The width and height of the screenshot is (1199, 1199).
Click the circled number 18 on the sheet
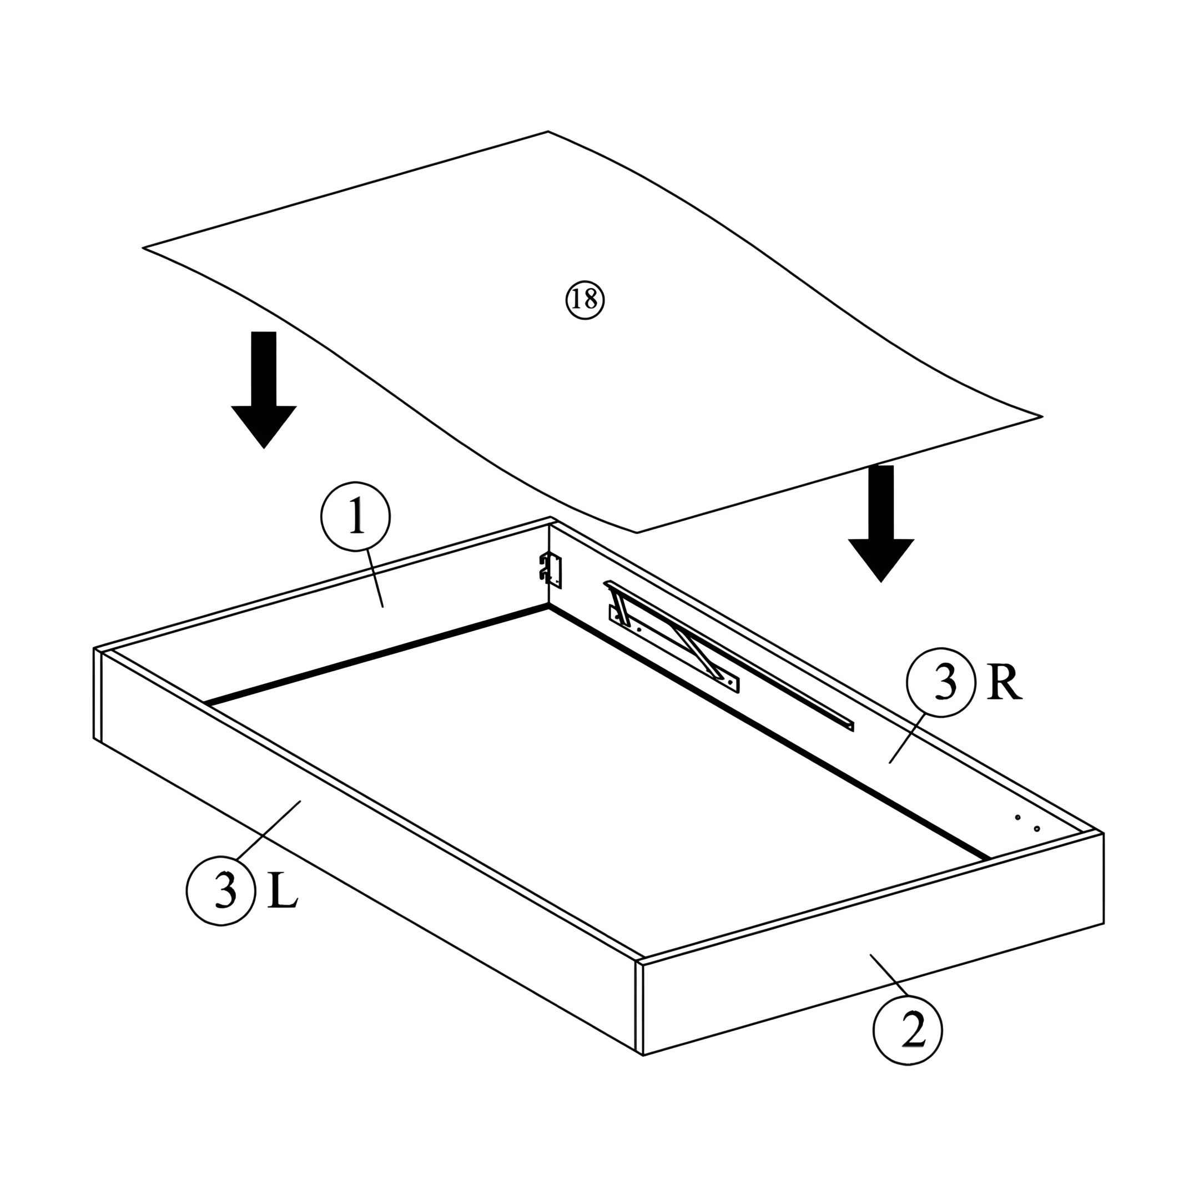pos(585,300)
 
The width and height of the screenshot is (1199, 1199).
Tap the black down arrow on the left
pos(264,389)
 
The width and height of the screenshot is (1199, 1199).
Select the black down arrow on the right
pos(881,523)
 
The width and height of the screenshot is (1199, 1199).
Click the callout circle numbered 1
pos(356,517)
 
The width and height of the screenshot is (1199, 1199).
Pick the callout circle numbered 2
pos(908,1030)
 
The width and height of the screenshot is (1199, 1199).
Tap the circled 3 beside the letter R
pos(941,682)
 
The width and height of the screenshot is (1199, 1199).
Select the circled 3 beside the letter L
pos(221,890)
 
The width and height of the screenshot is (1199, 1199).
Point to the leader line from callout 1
pos(375,578)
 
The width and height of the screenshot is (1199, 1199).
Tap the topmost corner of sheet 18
pos(547,132)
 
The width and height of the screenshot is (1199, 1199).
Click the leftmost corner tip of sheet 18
pos(143,248)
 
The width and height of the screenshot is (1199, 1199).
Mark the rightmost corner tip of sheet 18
pos(1042,416)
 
